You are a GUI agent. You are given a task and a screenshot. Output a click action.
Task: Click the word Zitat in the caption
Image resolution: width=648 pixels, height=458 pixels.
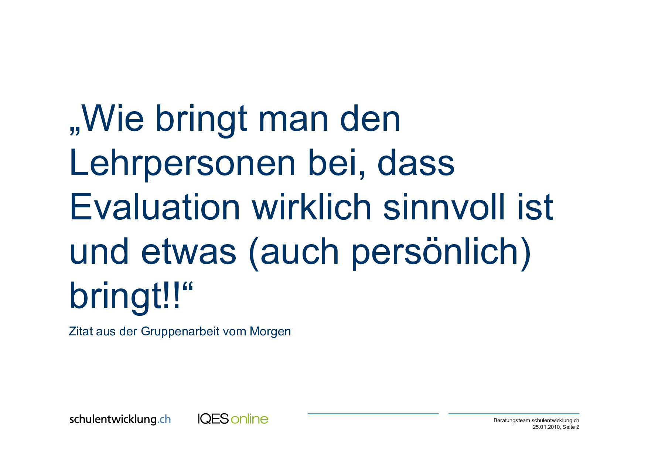point(81,331)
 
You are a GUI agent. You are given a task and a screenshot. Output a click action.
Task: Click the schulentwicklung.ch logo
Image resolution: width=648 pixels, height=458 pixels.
point(120,419)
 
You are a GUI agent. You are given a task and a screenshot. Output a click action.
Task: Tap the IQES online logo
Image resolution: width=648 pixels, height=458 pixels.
point(233,419)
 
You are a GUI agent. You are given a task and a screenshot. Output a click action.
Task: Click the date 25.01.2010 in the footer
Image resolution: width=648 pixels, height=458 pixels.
point(546,427)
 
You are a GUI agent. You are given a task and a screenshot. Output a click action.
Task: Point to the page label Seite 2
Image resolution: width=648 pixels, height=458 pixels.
point(571,427)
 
